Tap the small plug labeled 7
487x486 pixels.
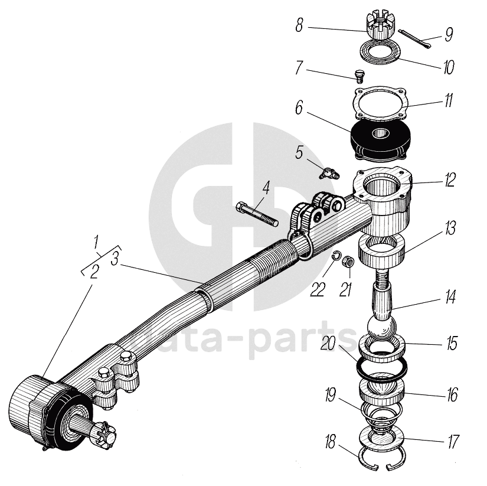click(x=358, y=74)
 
